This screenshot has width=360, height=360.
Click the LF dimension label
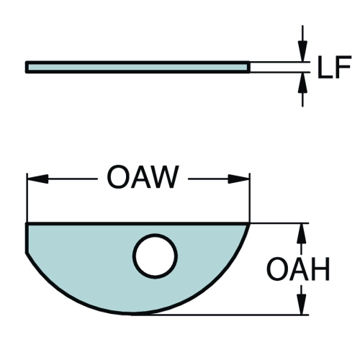tap(334, 67)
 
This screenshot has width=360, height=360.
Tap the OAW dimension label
tap(143, 177)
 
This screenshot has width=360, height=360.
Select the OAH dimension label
tap(298, 269)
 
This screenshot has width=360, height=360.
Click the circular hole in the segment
tap(156, 256)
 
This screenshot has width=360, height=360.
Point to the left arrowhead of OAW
tap(38, 179)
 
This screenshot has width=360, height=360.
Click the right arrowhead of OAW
tap(238, 179)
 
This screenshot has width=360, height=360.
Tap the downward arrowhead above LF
tap(302, 51)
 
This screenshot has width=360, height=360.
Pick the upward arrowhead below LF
tap(302, 82)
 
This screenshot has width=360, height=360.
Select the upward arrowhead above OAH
tap(302, 234)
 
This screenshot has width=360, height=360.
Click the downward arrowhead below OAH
tap(302, 304)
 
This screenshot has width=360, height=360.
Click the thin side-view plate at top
tap(138, 67)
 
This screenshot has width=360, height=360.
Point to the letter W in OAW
tap(164, 177)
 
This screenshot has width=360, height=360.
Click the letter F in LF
tap(344, 67)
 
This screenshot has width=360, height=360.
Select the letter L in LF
tap(325, 67)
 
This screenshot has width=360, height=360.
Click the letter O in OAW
tap(117, 177)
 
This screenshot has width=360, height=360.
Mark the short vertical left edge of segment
tap(27, 238)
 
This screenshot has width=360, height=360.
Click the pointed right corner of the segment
tap(249, 224)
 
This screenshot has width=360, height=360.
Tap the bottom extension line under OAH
tap(220, 315)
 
